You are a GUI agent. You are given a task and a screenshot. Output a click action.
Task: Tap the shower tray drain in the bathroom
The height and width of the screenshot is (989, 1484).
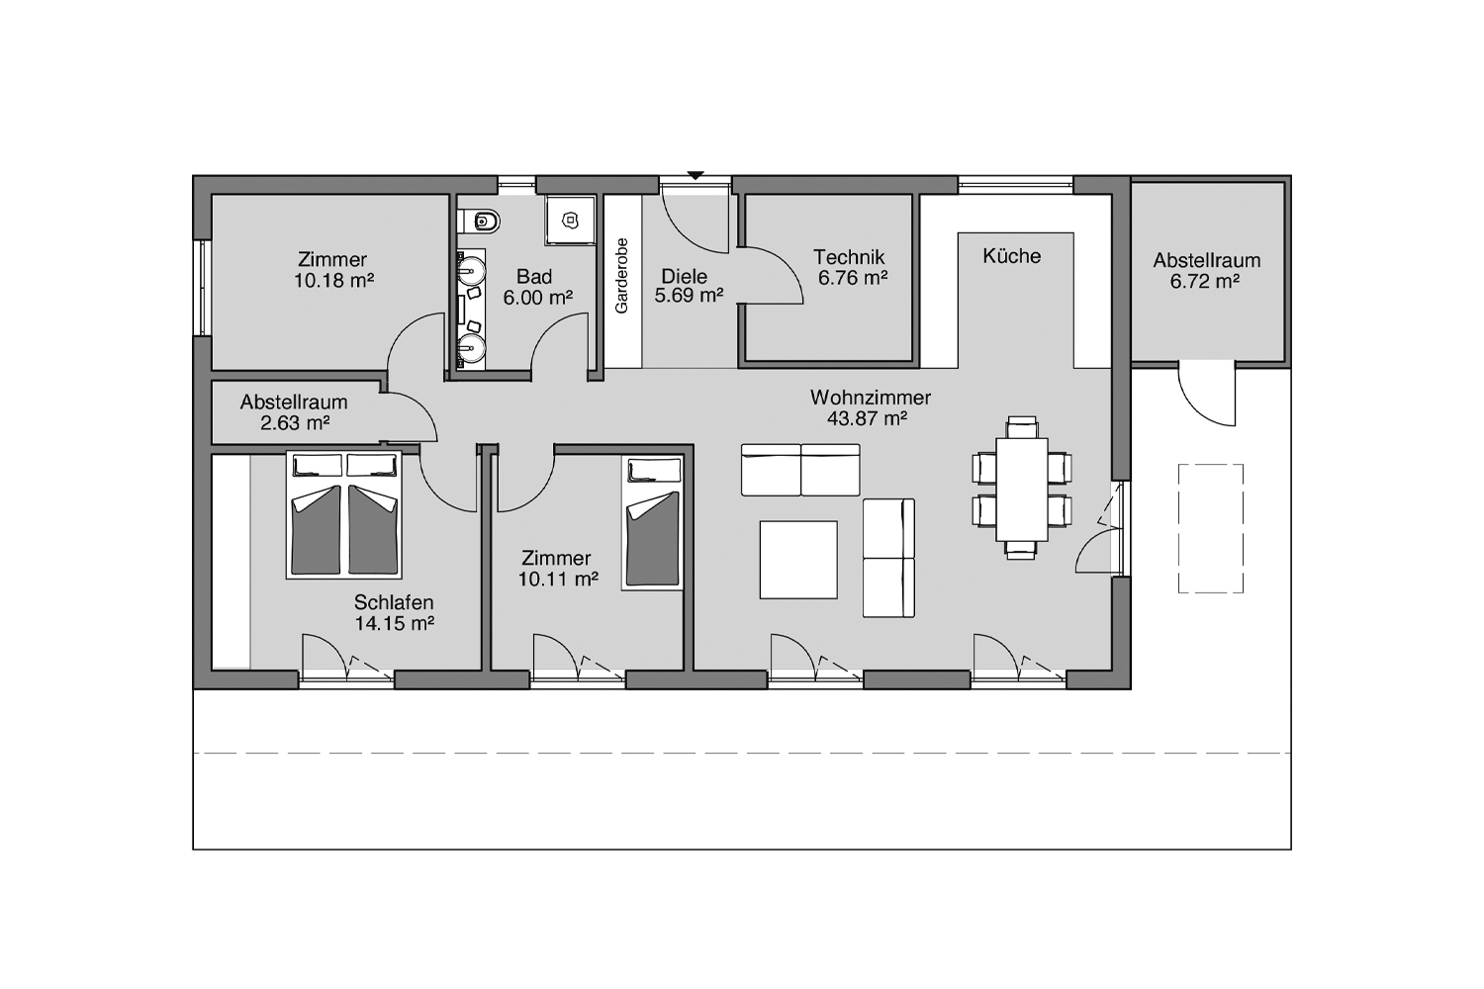click(569, 220)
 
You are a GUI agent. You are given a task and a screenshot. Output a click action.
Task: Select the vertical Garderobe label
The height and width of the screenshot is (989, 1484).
click(621, 276)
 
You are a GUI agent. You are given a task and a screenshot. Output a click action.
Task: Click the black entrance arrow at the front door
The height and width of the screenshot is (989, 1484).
click(695, 175)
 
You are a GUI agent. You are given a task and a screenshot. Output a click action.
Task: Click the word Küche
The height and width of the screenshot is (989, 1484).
click(1012, 256)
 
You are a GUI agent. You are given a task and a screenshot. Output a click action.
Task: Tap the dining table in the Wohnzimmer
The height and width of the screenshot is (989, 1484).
click(1022, 490)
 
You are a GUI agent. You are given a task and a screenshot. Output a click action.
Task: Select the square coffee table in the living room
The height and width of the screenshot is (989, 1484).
click(798, 560)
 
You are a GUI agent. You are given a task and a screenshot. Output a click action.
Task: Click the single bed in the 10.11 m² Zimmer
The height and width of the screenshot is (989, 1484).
click(652, 522)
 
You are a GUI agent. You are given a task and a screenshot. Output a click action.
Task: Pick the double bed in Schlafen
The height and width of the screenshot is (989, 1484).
click(344, 514)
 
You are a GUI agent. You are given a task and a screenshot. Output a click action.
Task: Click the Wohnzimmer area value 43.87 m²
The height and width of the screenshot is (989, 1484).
click(868, 418)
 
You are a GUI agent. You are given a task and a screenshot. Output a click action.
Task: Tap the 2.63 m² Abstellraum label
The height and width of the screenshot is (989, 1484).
click(294, 412)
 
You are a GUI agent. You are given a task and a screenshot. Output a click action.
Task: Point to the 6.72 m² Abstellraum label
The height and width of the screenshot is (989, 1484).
click(1206, 270)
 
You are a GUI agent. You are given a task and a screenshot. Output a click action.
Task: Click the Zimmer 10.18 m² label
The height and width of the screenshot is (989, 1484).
click(333, 270)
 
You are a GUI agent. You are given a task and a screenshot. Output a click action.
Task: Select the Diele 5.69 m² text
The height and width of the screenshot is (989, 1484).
click(688, 286)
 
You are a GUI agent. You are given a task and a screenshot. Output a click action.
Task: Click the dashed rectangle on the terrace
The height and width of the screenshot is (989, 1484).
click(1210, 528)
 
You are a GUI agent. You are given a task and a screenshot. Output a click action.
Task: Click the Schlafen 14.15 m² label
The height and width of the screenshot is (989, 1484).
click(394, 613)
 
